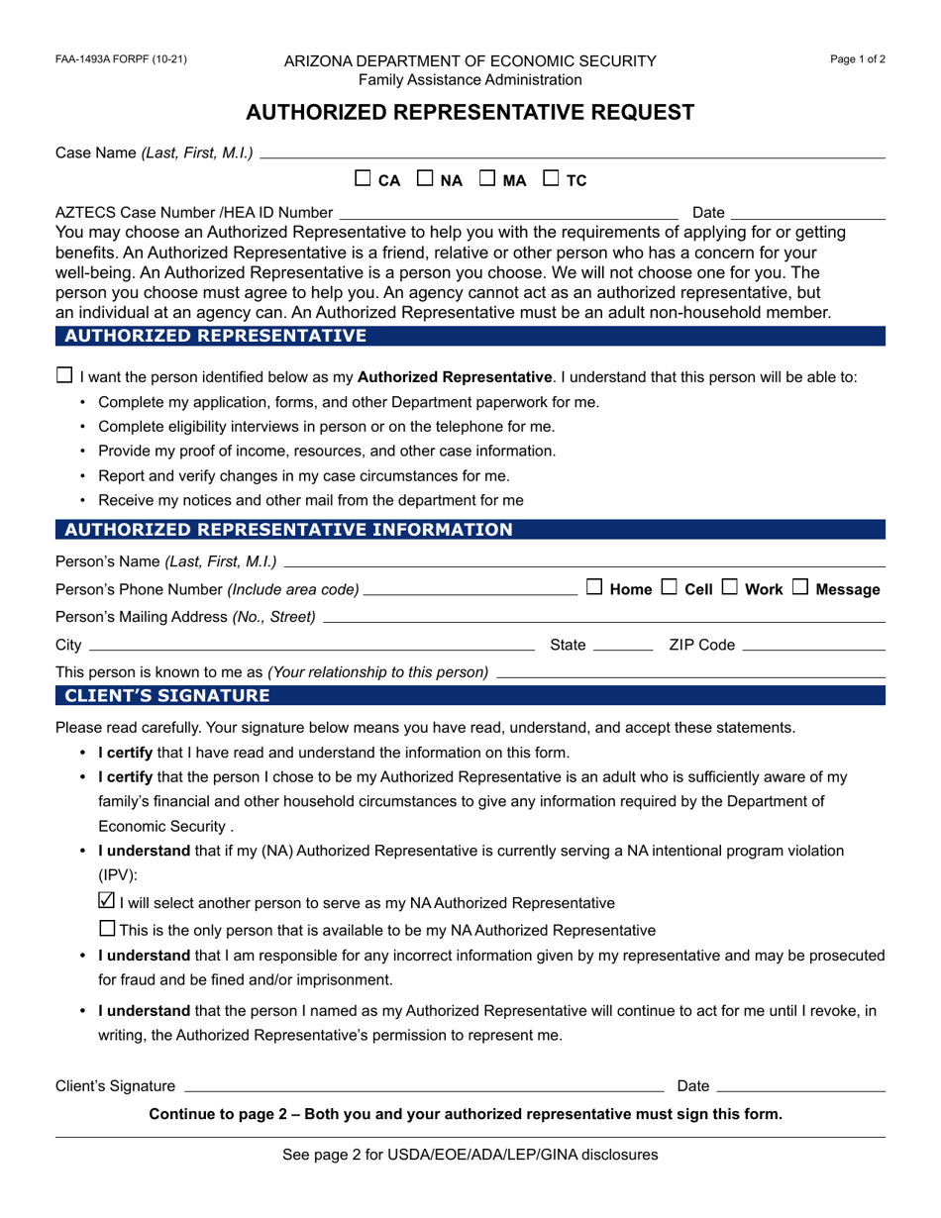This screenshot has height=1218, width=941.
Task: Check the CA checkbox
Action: [x=363, y=179]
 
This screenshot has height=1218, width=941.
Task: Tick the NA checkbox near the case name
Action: [x=425, y=179]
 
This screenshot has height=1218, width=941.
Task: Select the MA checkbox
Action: [x=487, y=179]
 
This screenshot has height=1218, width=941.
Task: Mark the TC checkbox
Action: [x=551, y=179]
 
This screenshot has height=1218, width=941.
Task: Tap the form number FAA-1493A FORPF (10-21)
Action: [x=121, y=59]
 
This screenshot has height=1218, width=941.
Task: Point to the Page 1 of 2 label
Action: [x=858, y=59]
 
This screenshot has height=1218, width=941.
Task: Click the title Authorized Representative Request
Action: [x=470, y=113]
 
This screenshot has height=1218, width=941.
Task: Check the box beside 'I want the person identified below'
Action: [x=64, y=375]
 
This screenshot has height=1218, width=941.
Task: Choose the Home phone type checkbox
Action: [x=594, y=587]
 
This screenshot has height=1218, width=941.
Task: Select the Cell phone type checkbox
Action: [x=669, y=587]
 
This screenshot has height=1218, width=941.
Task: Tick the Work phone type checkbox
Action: [x=730, y=587]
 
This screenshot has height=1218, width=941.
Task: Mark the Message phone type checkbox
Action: [x=800, y=587]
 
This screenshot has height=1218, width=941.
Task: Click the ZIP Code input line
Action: [x=813, y=646]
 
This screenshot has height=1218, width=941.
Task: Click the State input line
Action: [x=621, y=646]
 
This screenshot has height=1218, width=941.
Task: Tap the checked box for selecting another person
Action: [x=107, y=901]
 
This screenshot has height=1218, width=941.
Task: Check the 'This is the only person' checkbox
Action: [x=107, y=929]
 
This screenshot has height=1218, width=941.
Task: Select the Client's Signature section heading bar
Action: [x=470, y=696]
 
